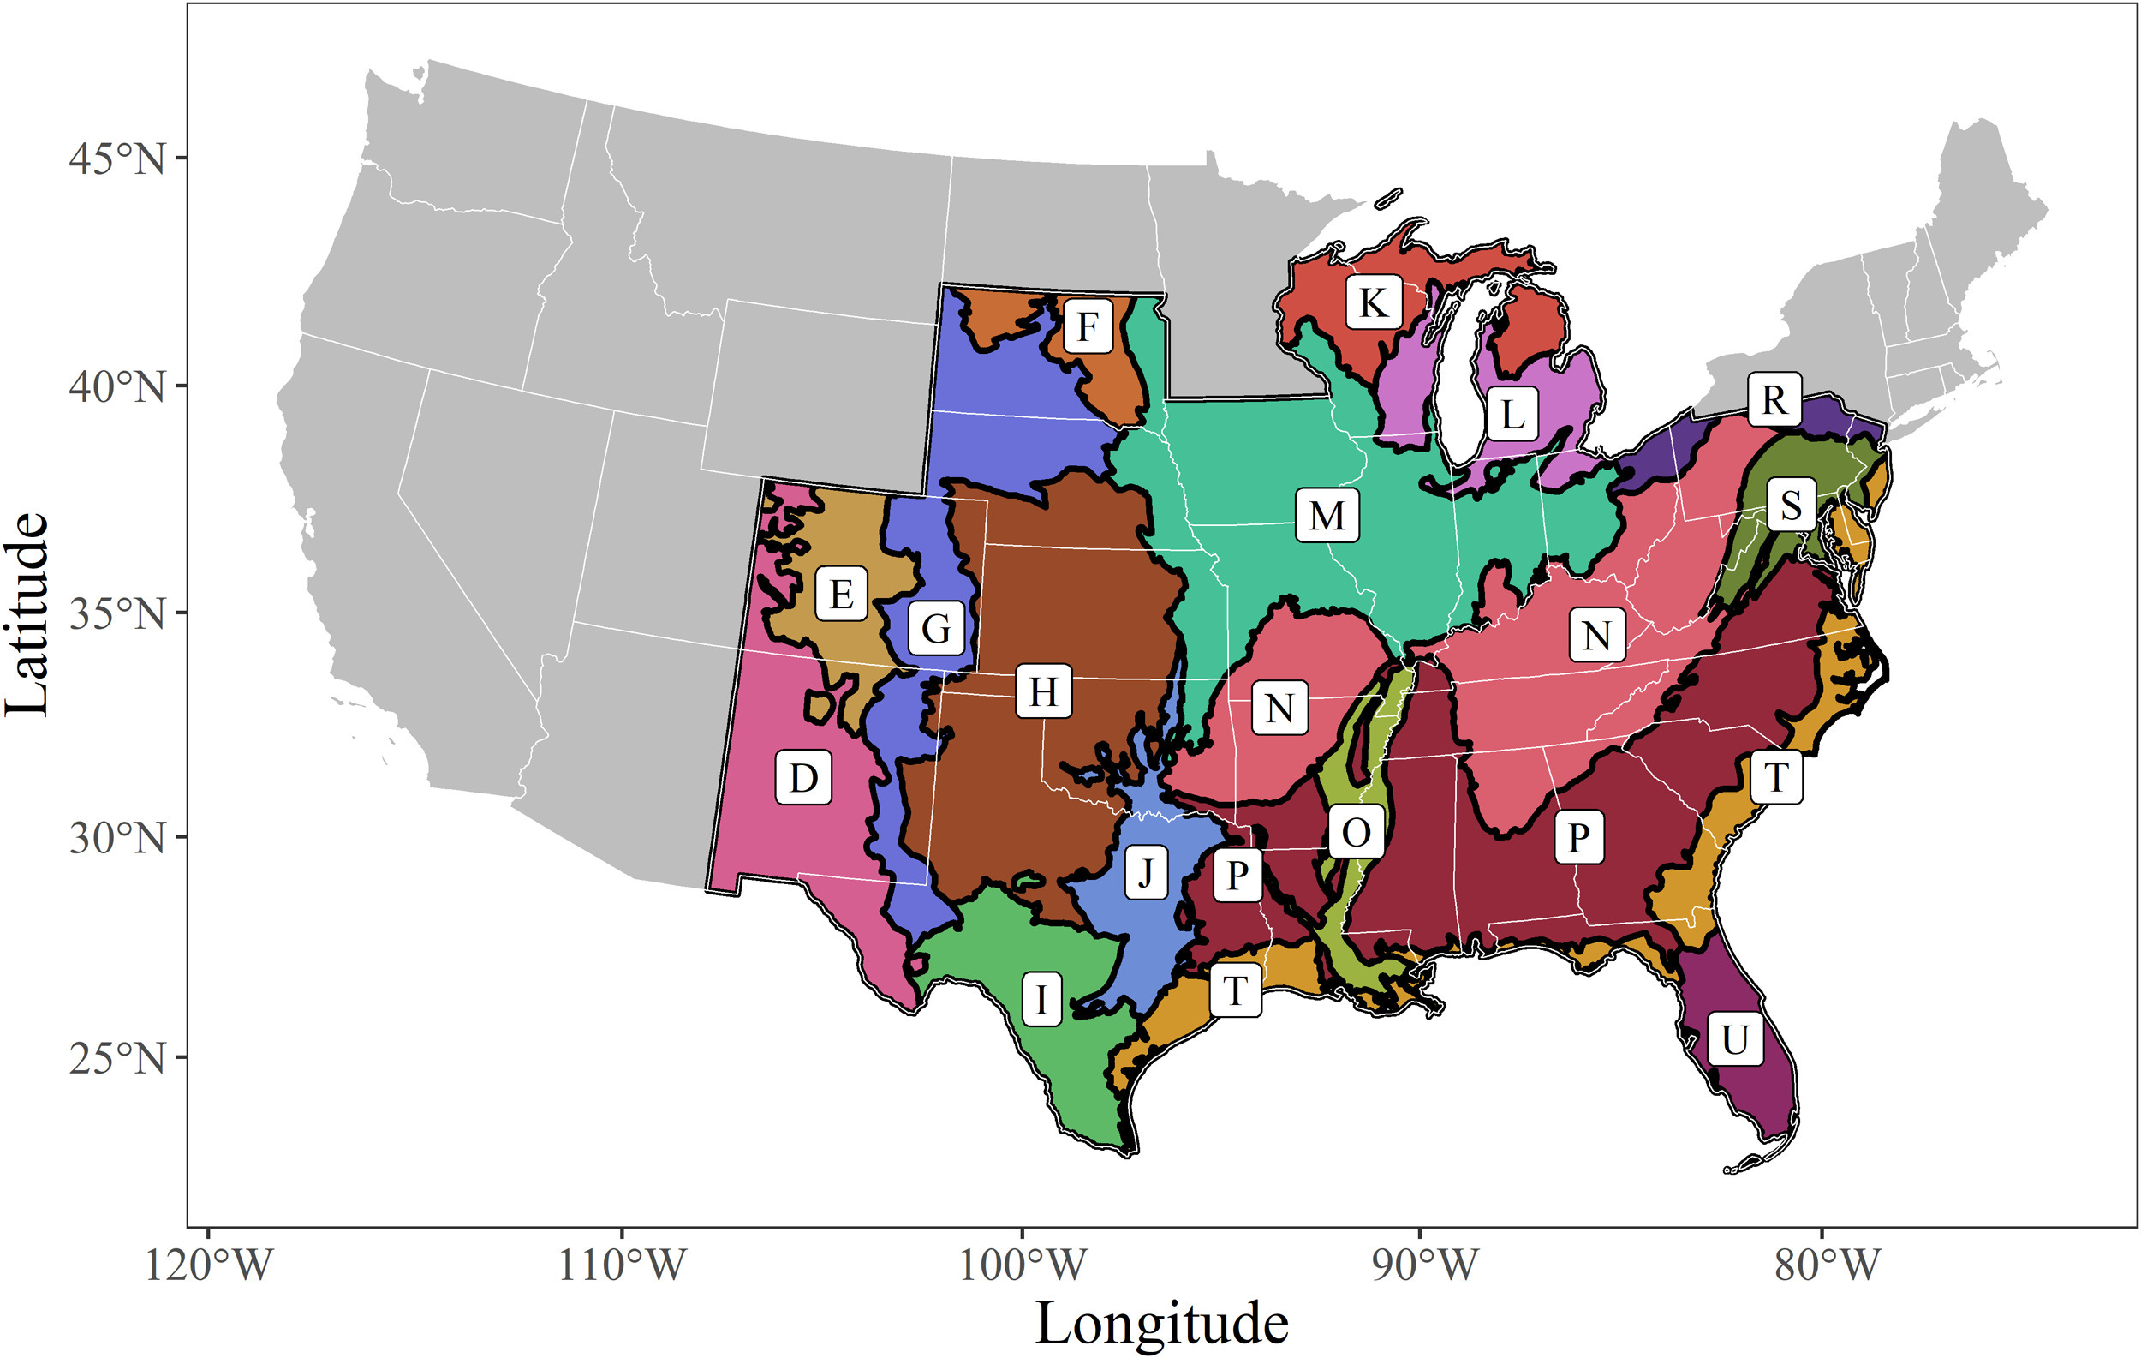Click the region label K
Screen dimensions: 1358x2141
coord(1374,302)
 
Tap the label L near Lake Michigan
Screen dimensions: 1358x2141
coord(1512,415)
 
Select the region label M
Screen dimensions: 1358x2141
coord(1327,515)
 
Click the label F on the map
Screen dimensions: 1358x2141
coord(1088,326)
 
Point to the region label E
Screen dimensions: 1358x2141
coord(841,593)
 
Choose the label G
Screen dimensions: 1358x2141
coord(935,628)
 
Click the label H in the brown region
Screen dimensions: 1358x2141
coord(1043,691)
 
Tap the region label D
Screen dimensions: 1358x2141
coord(804,778)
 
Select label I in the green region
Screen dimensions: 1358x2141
coord(1041,999)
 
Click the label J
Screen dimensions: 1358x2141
coord(1146,872)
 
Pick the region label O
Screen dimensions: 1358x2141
coord(1356,833)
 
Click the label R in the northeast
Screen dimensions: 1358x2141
coord(1774,399)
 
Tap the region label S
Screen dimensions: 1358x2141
coord(1791,505)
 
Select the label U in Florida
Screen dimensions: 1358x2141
coord(1736,1038)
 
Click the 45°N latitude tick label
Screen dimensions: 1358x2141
coord(116,159)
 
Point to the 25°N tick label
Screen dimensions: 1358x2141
coord(116,1058)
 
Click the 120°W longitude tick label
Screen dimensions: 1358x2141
coord(208,1264)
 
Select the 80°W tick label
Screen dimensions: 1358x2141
coord(1828,1264)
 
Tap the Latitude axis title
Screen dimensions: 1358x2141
coord(27,613)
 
